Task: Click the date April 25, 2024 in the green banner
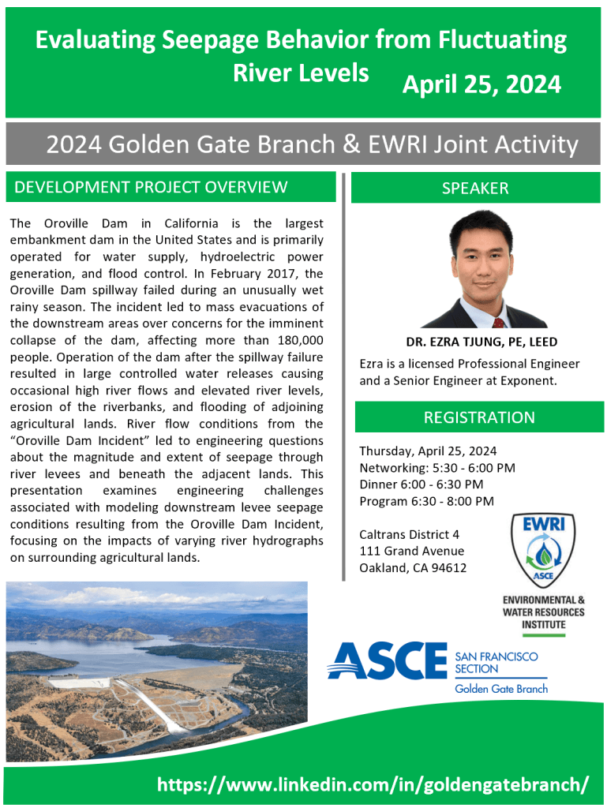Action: [481, 84]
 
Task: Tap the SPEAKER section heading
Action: [475, 188]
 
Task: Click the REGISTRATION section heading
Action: [479, 417]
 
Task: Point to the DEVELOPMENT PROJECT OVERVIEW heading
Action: [151, 187]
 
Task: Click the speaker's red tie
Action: [498, 323]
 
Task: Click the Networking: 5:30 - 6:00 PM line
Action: [437, 468]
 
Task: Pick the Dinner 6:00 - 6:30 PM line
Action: [422, 484]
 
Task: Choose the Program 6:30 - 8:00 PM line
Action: [427, 501]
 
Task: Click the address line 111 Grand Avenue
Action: [412, 551]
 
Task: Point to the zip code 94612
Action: [449, 568]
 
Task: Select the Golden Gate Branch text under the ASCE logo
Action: [501, 688]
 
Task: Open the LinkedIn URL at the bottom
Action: [373, 785]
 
